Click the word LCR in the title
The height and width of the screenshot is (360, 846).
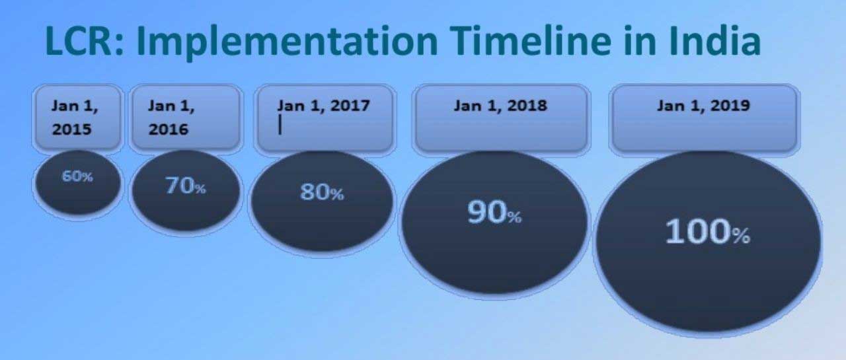pyautogui.click(x=84, y=41)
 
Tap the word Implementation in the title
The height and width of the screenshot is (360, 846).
pyautogui.click(x=287, y=43)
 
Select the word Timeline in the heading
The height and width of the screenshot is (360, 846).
pyautogui.click(x=530, y=41)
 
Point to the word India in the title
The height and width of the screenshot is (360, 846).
pyautogui.click(x=715, y=41)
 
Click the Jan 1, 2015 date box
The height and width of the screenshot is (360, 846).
pyautogui.click(x=77, y=118)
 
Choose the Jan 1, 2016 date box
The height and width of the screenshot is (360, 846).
pyautogui.click(x=186, y=118)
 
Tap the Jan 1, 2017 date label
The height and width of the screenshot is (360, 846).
pyautogui.click(x=324, y=106)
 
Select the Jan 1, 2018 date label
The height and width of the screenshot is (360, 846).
pyautogui.click(x=500, y=106)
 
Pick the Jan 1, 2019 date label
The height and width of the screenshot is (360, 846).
pyautogui.click(x=704, y=106)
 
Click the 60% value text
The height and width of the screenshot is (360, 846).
pyautogui.click(x=77, y=176)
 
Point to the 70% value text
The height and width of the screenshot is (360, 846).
pyautogui.click(x=186, y=186)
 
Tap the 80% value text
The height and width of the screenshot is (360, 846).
pyautogui.click(x=322, y=192)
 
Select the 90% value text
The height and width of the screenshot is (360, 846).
pyautogui.click(x=494, y=212)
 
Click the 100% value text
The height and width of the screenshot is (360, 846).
pyautogui.click(x=708, y=232)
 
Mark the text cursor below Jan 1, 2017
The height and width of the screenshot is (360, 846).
pyautogui.click(x=280, y=125)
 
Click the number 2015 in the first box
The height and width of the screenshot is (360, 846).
pyautogui.click(x=72, y=129)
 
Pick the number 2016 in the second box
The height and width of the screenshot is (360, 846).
pyautogui.click(x=169, y=129)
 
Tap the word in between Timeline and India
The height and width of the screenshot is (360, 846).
pyautogui.click(x=640, y=41)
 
